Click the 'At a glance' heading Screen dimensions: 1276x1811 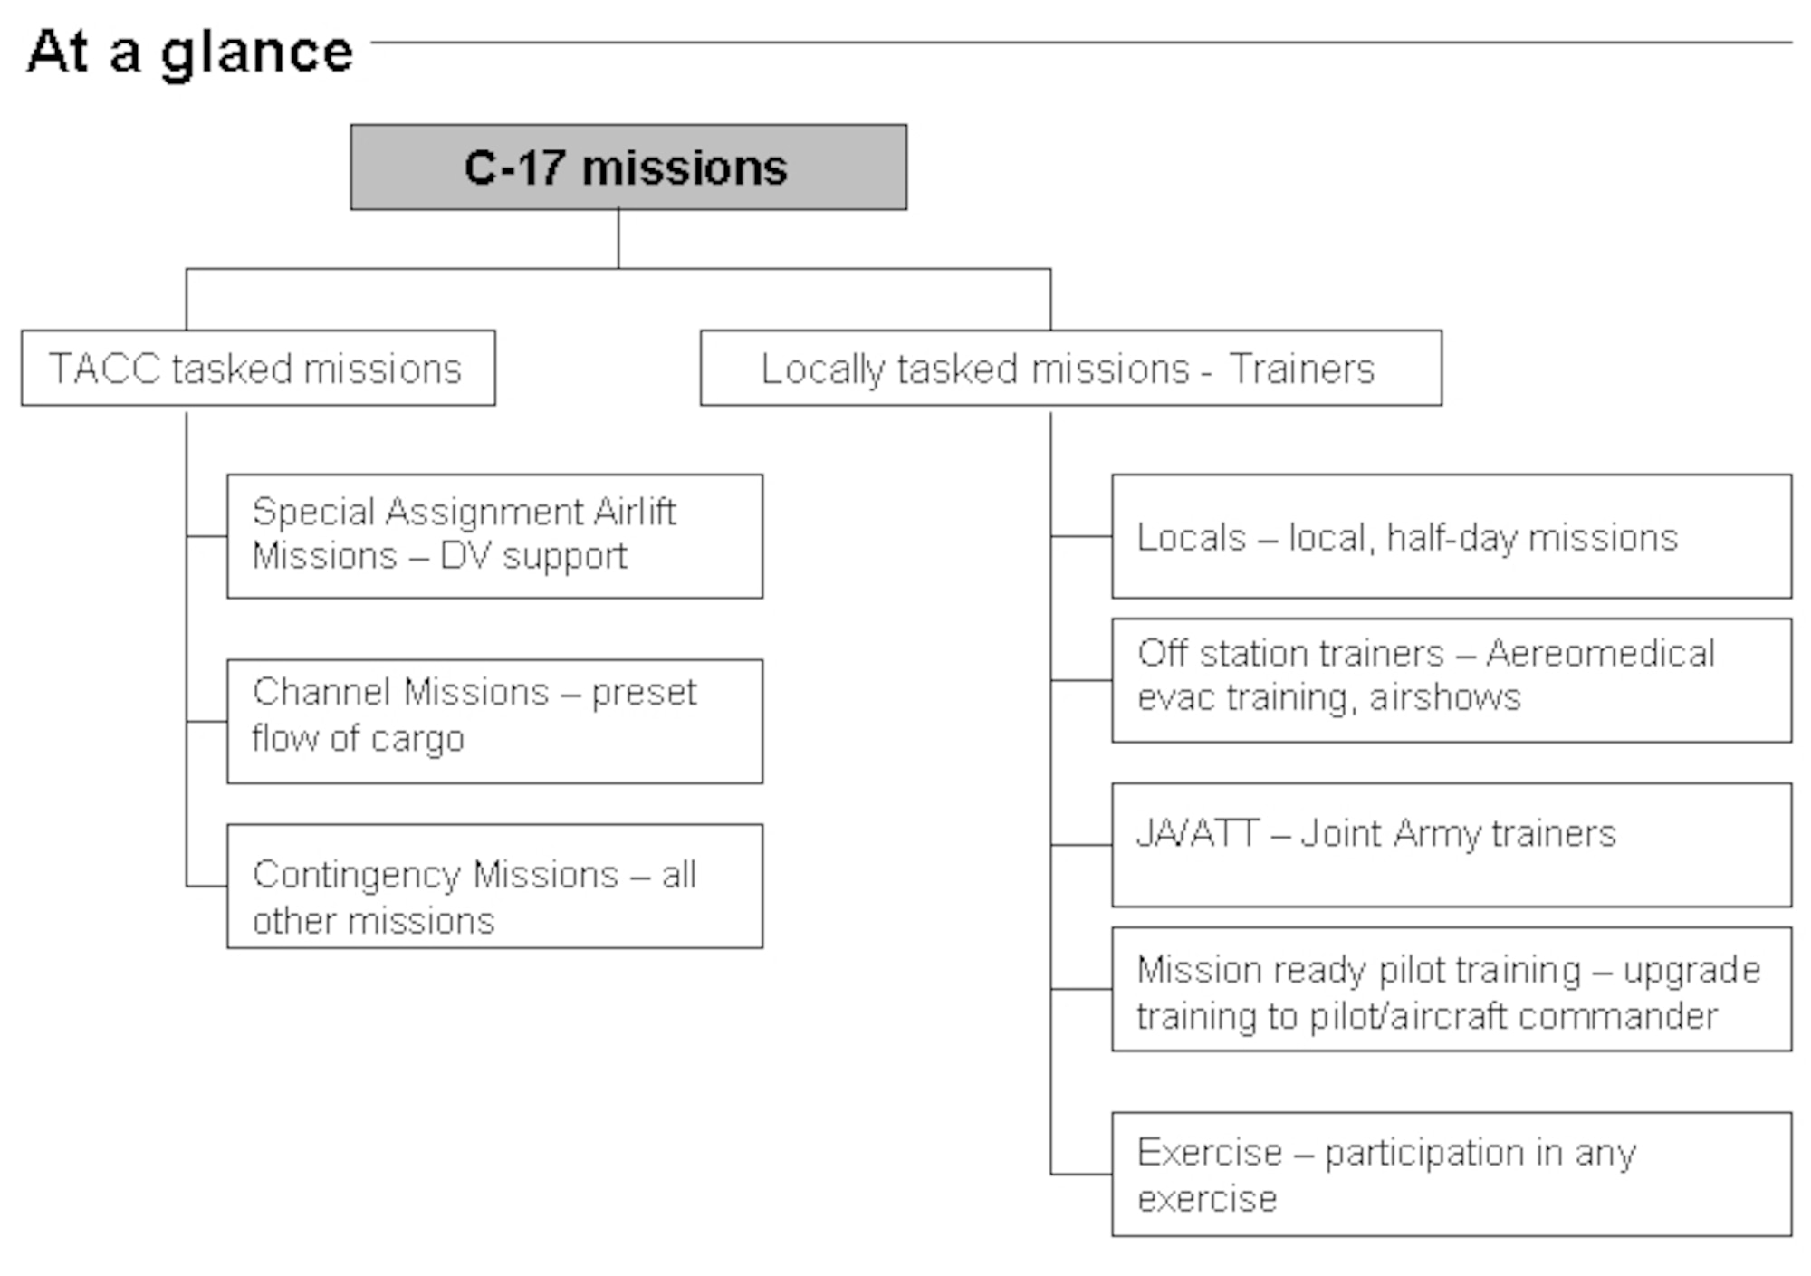click(x=190, y=52)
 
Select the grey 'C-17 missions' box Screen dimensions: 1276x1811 click(x=628, y=168)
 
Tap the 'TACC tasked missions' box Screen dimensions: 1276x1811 click(x=258, y=369)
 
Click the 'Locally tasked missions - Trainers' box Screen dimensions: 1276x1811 click(x=1070, y=369)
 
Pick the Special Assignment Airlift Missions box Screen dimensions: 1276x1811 click(x=494, y=536)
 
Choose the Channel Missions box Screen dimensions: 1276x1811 click(x=494, y=722)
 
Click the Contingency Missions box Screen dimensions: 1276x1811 click(x=494, y=887)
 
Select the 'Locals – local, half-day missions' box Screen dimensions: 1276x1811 click(x=1452, y=536)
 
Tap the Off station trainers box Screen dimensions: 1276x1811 click(x=1452, y=680)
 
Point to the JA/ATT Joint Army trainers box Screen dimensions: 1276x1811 click(x=1452, y=845)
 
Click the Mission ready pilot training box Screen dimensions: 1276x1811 click(x=1452, y=989)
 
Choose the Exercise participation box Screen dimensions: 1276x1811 click(x=1452, y=1175)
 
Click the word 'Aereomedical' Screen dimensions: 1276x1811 click(x=1600, y=653)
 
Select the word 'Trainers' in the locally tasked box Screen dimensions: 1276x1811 click(x=1301, y=369)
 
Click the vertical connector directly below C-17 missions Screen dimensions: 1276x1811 click(x=618, y=238)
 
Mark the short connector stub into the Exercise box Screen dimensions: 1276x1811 click(x=1081, y=1175)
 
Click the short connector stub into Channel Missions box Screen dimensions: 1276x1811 click(x=206, y=722)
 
